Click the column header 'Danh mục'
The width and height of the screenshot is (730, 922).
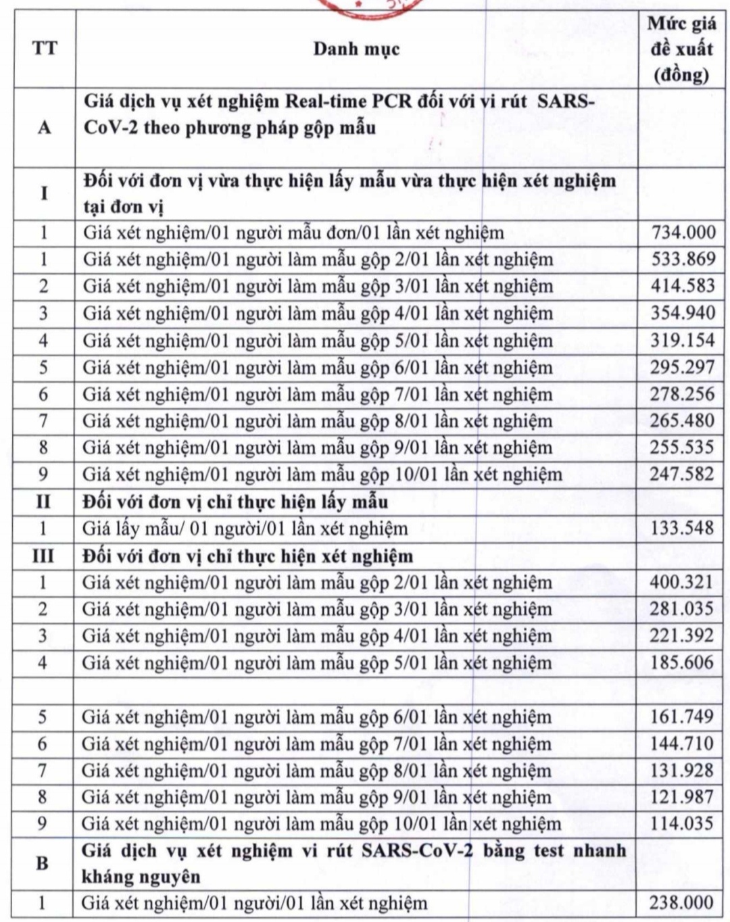point(356,49)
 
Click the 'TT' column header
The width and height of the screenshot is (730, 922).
point(45,49)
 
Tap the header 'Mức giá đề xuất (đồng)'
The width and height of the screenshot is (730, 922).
point(681,49)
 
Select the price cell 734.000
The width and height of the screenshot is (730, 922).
point(683,233)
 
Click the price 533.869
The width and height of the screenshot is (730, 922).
point(683,259)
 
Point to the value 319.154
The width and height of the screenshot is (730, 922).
point(683,339)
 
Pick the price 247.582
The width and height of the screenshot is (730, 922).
point(682,474)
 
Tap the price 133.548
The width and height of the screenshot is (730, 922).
point(682,528)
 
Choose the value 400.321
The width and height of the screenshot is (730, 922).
point(682,582)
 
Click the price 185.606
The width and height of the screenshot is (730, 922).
point(682,662)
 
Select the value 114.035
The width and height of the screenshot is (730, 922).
point(682,823)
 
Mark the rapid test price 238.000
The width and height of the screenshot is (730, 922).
point(681,902)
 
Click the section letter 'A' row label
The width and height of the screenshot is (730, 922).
point(45,127)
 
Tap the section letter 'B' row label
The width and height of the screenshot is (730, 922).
point(42,863)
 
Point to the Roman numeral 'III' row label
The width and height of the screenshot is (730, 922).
point(43,556)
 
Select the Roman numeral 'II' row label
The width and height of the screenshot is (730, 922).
point(43,502)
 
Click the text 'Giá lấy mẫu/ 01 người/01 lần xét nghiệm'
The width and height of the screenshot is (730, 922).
point(245,529)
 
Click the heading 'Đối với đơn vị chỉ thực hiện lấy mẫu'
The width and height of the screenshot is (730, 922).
point(235,502)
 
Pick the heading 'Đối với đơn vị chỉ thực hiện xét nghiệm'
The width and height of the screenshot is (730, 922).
point(247,556)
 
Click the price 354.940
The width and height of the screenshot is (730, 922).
point(683,313)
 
